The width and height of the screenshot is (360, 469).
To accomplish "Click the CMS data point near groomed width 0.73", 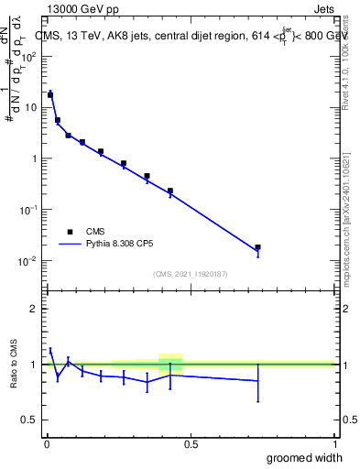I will [257, 247].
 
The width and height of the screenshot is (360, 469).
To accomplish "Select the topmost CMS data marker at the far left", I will [50, 94].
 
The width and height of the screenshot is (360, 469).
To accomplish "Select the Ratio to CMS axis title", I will [14, 364].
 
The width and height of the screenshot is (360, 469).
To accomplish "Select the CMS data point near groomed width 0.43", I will [170, 191].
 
